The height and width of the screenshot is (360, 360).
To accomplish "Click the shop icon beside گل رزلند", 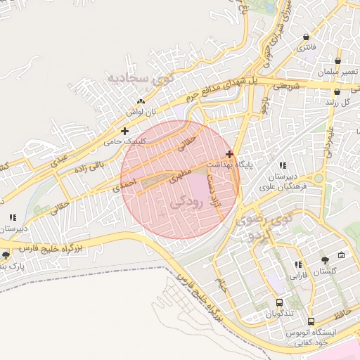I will click(x=337, y=91).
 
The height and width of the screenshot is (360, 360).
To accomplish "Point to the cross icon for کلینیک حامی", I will click(x=124, y=131).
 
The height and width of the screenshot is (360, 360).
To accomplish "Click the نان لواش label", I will click(x=141, y=112).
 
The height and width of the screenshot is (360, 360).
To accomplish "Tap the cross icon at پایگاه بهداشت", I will click(x=230, y=153).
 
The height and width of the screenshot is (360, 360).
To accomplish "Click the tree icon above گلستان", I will click(x=324, y=259).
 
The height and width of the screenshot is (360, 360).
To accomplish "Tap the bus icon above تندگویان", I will click(x=281, y=302).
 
